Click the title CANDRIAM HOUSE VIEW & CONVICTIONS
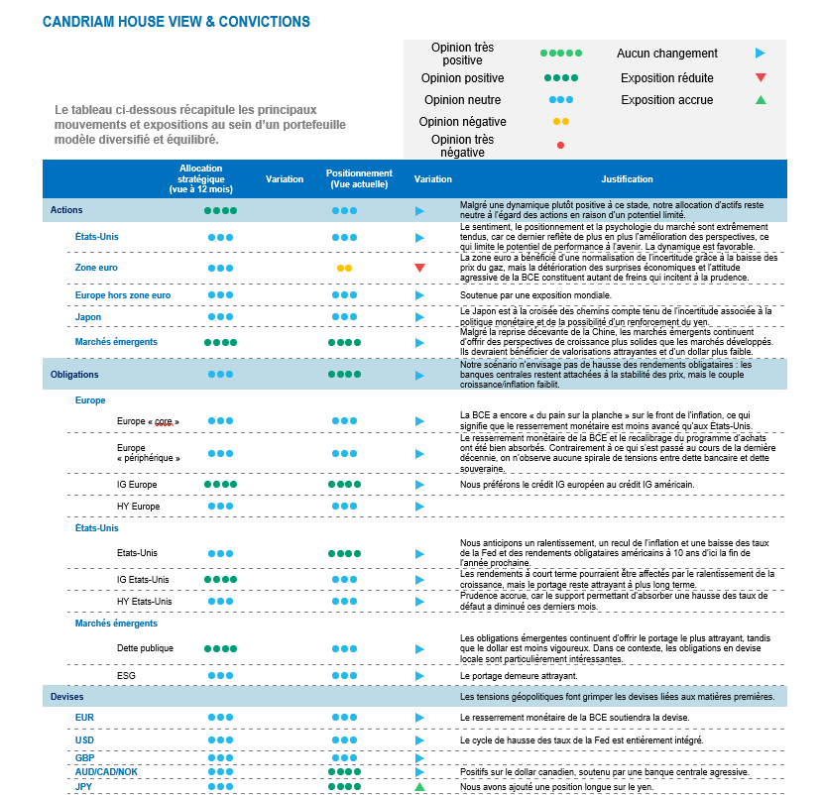coord(176,22)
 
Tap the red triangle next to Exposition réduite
coord(761,77)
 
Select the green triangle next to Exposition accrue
coord(761,99)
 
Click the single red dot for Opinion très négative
coord(561,145)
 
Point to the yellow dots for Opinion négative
coord(561,122)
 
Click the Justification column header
coord(627,179)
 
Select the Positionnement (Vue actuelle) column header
coord(360,179)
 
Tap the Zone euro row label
coord(96,268)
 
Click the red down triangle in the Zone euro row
coord(419,268)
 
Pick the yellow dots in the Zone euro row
coord(344,268)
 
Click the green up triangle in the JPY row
coord(419,786)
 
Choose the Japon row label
coord(88,317)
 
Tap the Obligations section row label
coord(74,375)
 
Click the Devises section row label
coord(67,697)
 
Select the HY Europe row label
coord(139,507)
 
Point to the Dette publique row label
coord(145,648)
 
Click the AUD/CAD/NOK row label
coord(107,771)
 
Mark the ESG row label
coord(126,675)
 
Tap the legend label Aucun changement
coord(666,54)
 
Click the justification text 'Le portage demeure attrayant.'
coord(520,676)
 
